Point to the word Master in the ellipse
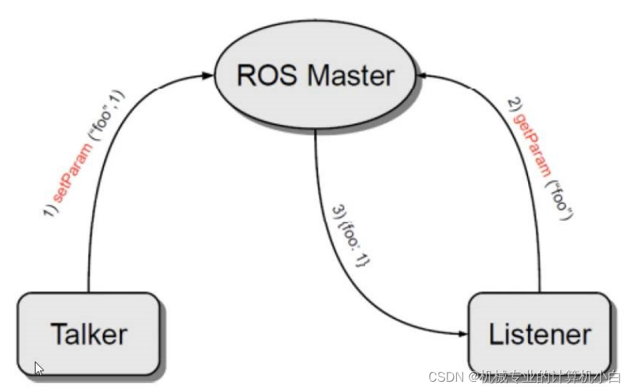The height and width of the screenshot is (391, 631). pos(349,76)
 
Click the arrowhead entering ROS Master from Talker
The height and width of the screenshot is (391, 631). pos(211,73)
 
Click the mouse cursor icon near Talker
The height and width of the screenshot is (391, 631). pos(39,369)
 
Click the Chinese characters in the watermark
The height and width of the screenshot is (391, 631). pos(550,376)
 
